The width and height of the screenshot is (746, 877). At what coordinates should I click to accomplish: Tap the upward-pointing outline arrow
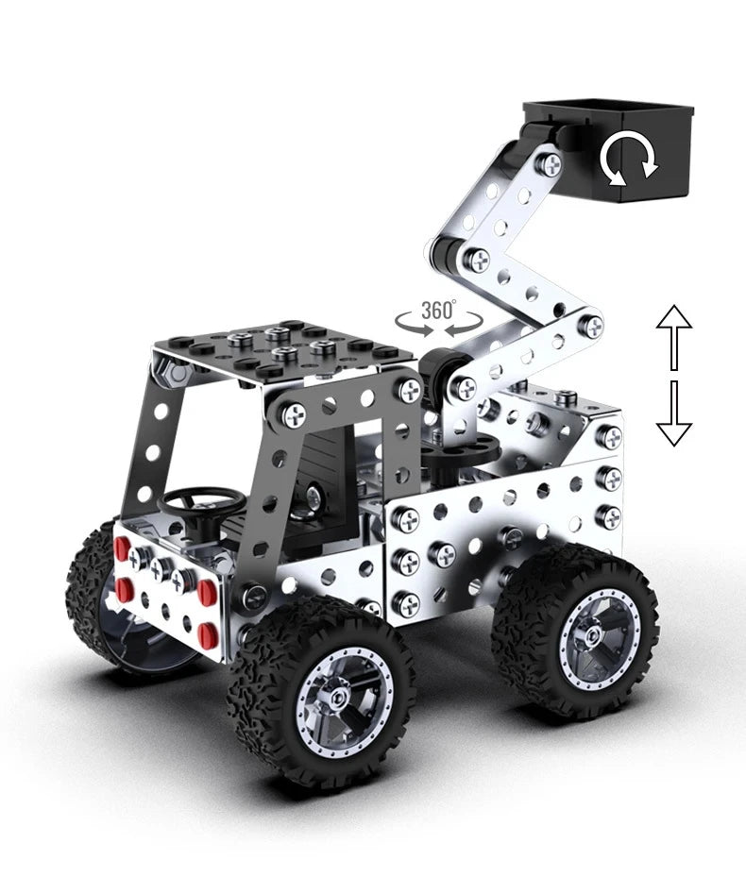pos(674,336)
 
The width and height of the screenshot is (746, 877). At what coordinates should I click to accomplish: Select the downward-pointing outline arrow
pos(674,413)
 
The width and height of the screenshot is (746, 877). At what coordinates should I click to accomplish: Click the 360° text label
pos(438,309)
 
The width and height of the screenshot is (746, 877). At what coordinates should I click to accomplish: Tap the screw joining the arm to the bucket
pos(549,164)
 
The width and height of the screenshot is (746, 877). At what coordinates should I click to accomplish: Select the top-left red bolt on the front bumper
pos(122,548)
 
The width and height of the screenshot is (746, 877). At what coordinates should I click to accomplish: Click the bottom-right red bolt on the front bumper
pos(207,630)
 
